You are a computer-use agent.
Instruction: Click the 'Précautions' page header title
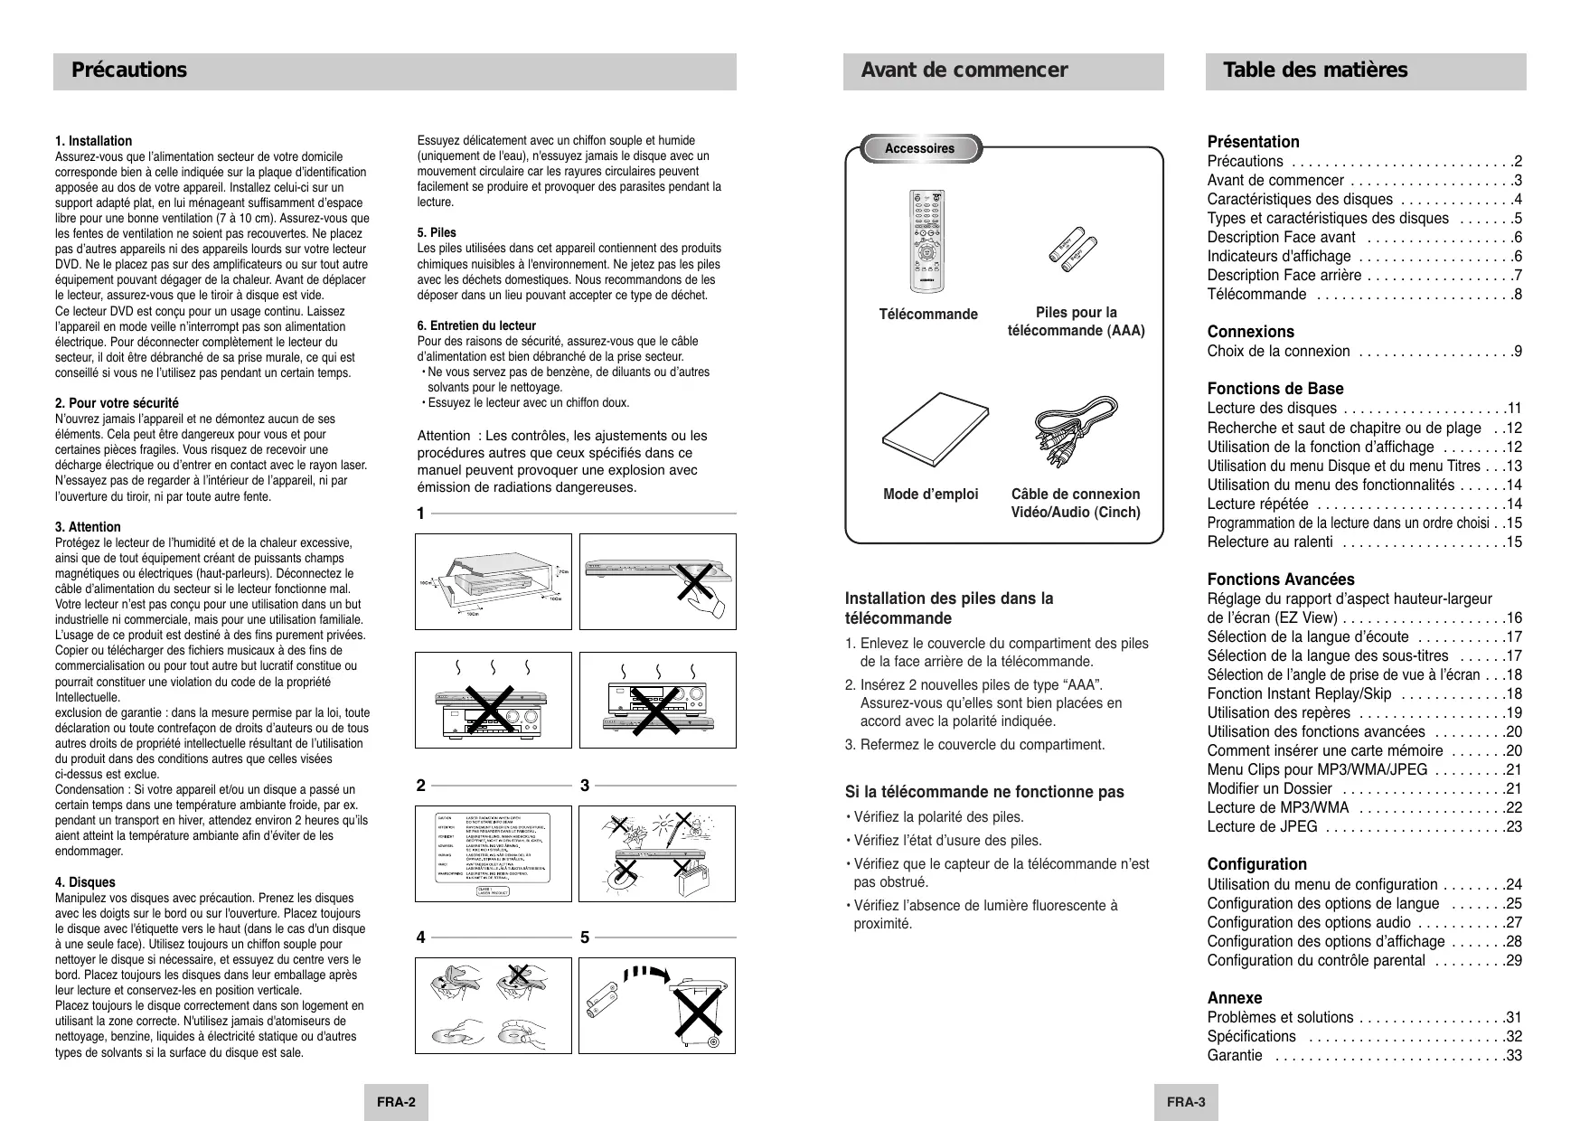coord(129,71)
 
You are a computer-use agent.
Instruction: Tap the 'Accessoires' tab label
coord(919,148)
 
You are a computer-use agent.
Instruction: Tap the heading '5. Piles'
coord(437,232)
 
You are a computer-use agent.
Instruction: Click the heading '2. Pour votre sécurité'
coord(117,403)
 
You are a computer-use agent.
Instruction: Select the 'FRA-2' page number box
coord(396,1102)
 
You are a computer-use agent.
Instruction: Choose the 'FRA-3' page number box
coord(1186,1102)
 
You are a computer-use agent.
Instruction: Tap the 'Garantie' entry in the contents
coord(1235,1056)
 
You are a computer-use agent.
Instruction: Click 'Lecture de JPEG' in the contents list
coord(1262,826)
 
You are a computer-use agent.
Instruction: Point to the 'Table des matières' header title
coord(1314,71)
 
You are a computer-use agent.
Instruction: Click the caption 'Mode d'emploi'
coord(930,495)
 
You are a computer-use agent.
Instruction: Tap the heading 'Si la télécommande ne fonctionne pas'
coord(984,792)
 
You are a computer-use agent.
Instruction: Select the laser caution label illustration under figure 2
coord(494,854)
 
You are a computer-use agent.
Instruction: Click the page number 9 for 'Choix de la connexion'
coord(1518,352)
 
